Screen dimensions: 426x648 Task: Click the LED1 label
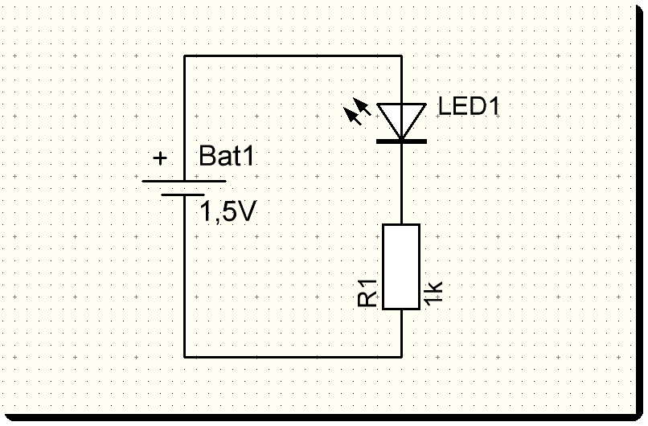click(x=469, y=106)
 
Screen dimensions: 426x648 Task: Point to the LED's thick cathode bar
click(x=400, y=141)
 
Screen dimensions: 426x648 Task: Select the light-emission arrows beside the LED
click(x=358, y=113)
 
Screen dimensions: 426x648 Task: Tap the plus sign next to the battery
click(x=160, y=158)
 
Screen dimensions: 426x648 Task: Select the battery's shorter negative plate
click(x=184, y=195)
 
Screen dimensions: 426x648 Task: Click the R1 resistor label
click(x=367, y=293)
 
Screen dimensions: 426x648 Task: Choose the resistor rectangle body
click(x=400, y=266)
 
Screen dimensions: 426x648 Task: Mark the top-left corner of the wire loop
click(x=185, y=56)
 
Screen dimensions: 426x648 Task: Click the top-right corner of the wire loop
click(x=400, y=56)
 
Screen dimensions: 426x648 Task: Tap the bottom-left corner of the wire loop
click(x=185, y=356)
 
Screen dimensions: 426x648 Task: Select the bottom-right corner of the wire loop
click(x=400, y=356)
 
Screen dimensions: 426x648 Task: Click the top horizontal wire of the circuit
click(x=293, y=56)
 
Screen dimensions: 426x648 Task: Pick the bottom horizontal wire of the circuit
click(x=293, y=356)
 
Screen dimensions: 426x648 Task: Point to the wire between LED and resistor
click(x=400, y=183)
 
